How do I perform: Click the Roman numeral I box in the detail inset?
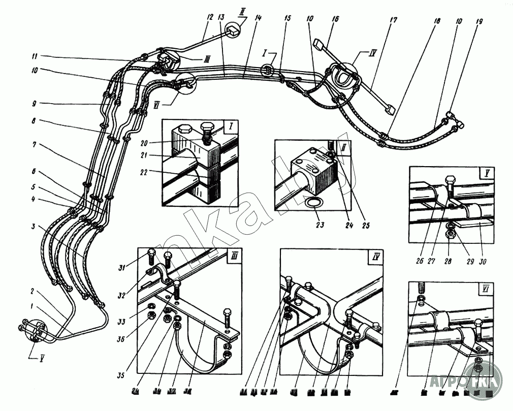point(230,125)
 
